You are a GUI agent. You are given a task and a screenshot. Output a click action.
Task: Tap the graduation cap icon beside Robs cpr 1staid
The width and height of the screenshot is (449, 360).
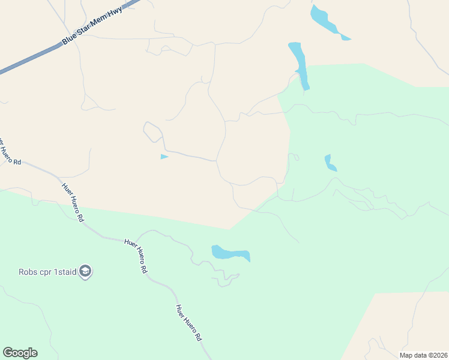point(86,272)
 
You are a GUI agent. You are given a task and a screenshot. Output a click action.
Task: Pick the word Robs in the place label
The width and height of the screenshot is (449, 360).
point(28,272)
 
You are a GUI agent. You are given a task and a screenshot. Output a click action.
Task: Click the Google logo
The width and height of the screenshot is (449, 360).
point(20,353)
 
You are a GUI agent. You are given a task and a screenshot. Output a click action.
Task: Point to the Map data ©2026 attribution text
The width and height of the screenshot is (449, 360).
point(423,355)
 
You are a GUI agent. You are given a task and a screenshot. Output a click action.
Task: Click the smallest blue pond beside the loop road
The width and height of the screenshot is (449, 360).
point(164,157)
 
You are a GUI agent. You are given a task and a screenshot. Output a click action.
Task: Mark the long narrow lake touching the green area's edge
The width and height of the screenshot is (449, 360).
point(299,65)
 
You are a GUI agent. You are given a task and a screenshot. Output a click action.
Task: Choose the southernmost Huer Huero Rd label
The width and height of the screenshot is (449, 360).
point(188,322)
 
